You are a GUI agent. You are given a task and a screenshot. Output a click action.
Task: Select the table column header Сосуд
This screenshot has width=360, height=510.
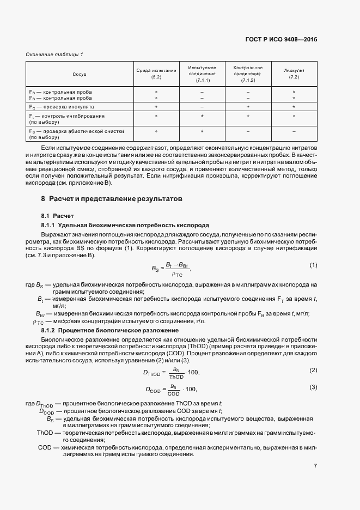point(80,74)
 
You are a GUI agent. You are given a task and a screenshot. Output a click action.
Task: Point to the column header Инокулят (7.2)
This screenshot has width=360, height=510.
point(294,74)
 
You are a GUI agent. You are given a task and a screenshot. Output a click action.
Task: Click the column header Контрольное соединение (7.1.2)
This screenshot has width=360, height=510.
point(248,74)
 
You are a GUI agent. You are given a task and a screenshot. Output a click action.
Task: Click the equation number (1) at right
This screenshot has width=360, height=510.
point(313,265)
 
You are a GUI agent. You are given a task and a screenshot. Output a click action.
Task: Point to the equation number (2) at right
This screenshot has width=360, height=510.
point(313,370)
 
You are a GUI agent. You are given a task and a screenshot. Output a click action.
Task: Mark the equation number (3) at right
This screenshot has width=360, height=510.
point(313,387)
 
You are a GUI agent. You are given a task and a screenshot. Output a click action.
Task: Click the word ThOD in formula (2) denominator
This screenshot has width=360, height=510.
point(176,377)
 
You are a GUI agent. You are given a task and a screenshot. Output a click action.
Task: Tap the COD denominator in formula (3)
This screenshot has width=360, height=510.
point(174,393)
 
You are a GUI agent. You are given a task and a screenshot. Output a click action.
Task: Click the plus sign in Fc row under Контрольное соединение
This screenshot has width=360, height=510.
point(248,107)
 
